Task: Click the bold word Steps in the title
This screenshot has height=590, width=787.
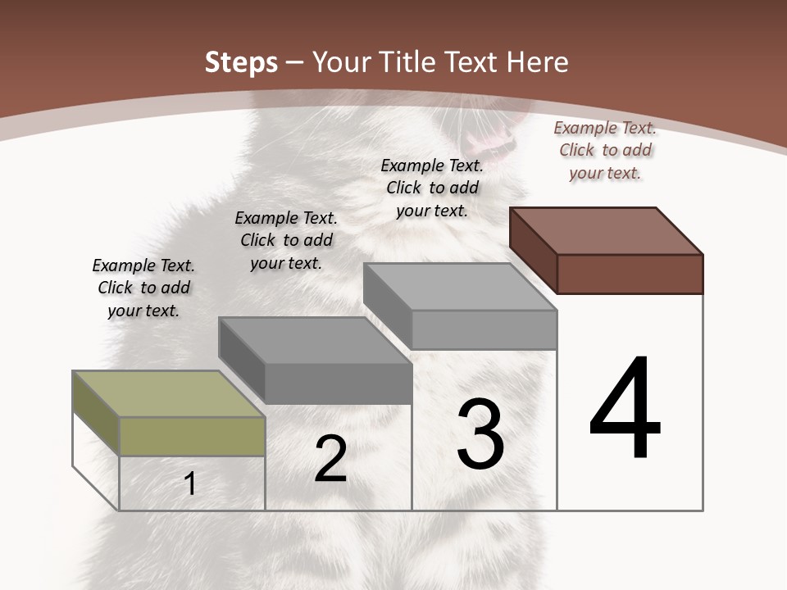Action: click(x=241, y=62)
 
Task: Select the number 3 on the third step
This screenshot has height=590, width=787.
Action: click(x=480, y=433)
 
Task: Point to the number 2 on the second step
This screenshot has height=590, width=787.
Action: click(x=330, y=459)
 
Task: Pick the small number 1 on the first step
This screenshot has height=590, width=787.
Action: click(x=190, y=484)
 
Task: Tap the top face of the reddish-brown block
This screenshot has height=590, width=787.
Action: click(x=607, y=230)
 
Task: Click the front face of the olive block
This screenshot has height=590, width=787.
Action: click(x=192, y=436)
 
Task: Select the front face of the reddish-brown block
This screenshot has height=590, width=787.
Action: click(x=630, y=274)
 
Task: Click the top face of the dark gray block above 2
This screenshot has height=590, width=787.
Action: click(x=315, y=339)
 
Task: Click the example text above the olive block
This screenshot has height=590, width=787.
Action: click(x=143, y=288)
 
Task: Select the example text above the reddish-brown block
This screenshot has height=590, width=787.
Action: click(x=605, y=150)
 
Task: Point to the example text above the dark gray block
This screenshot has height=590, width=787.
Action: click(x=286, y=240)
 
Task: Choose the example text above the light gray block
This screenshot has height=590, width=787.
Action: click(x=432, y=188)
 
